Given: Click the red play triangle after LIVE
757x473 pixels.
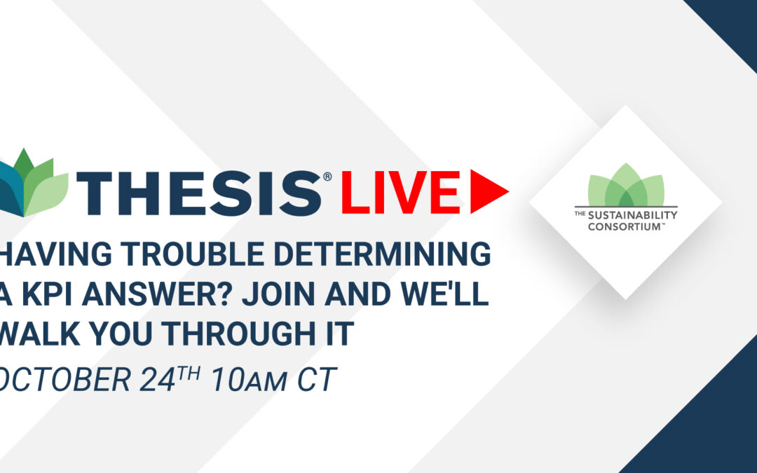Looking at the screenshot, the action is (x=486, y=191).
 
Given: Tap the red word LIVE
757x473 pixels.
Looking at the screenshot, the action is (x=401, y=191).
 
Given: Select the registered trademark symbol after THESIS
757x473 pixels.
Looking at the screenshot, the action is (x=327, y=177).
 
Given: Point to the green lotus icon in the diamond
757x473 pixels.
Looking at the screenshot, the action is (x=626, y=185).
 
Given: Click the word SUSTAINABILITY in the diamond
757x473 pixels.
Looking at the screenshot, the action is (x=632, y=215).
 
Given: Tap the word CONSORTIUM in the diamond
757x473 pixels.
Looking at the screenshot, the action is (x=625, y=226).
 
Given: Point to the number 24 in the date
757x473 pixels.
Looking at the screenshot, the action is (x=157, y=379).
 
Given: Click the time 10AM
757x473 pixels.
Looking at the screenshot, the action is (x=249, y=379).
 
